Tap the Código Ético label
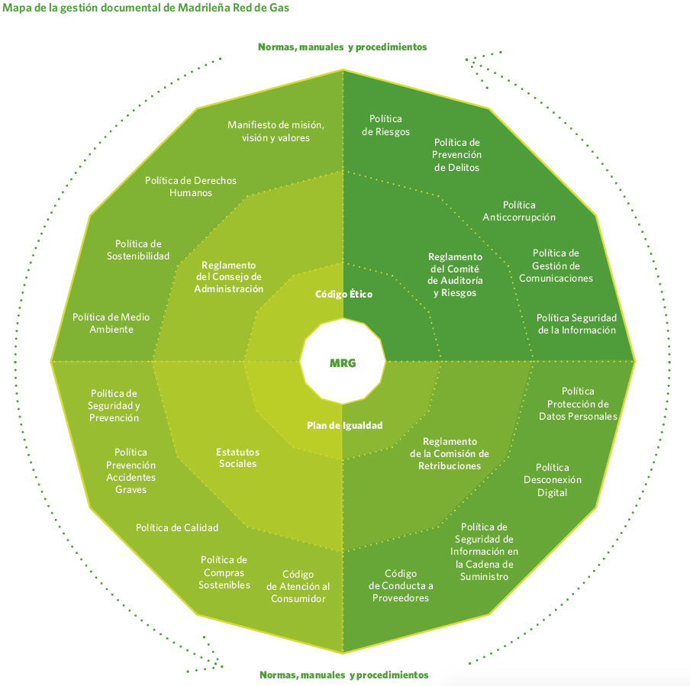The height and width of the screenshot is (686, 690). click(343, 294)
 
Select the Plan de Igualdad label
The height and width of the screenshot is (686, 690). click(344, 426)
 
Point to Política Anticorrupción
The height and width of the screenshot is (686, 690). click(519, 211)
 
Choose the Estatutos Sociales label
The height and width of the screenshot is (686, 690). click(237, 458)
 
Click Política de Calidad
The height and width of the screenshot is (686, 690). click(177, 527)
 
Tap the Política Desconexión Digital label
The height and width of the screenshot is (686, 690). click(553, 480)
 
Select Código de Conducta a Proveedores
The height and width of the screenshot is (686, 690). click(401, 585)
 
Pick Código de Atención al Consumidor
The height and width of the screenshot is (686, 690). click(298, 587)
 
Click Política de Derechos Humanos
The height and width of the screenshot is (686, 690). click(191, 187)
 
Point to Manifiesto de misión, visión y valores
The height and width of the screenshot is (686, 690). click(276, 131)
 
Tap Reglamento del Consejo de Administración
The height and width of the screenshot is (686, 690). click(228, 277)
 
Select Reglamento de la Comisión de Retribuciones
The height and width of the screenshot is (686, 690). click(450, 453)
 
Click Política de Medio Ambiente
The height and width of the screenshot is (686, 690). click(111, 323)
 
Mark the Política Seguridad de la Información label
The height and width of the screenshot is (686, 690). click(576, 324)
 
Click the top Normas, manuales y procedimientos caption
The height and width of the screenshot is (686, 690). click(342, 47)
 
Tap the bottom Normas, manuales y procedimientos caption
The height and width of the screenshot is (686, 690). click(343, 675)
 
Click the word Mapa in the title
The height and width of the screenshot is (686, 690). click(18, 8)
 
